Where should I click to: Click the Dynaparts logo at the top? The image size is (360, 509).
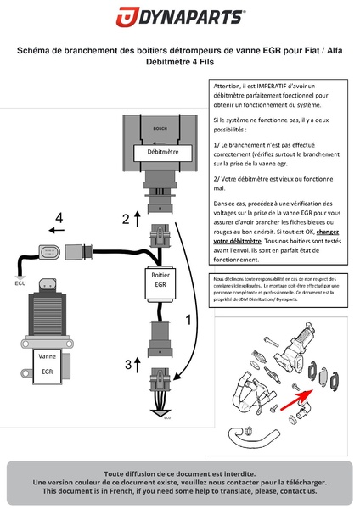(x=180, y=18)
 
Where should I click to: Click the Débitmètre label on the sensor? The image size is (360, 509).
(x=162, y=153)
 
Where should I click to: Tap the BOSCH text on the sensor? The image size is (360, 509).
(x=160, y=130)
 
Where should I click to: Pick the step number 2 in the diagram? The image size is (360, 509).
(x=126, y=219)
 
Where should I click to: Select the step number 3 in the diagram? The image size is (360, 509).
(x=128, y=365)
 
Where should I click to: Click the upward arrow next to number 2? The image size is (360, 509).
(x=138, y=217)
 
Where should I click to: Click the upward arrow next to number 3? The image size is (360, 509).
(x=139, y=363)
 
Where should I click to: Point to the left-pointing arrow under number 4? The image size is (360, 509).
(x=56, y=230)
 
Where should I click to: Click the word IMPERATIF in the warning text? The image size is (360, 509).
(x=262, y=87)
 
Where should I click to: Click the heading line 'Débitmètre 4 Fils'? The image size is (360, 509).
(x=180, y=62)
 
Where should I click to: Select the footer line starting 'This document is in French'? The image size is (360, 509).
(x=180, y=491)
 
